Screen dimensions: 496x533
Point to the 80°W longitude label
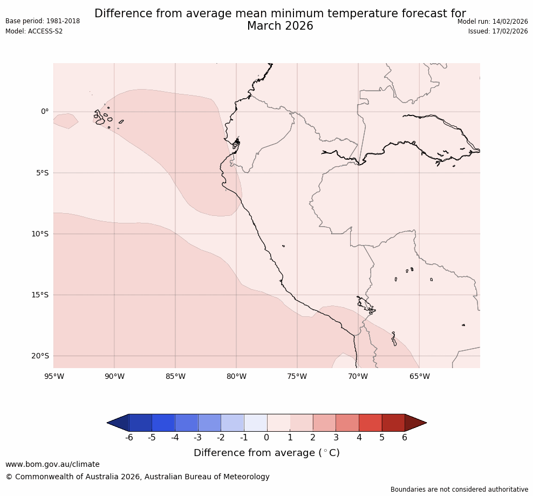point(236,376)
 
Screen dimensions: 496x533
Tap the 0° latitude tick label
point(45,112)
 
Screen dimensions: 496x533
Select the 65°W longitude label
point(419,376)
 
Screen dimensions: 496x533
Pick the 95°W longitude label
point(53,376)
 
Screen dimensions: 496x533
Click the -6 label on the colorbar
point(129,438)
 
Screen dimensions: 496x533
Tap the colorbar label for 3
point(336,438)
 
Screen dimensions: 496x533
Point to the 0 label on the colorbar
point(267,438)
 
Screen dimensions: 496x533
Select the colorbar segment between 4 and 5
point(370,423)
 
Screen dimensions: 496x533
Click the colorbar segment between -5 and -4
point(163,423)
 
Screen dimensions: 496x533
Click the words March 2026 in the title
point(280,26)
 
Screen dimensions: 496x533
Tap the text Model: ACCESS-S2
point(34,31)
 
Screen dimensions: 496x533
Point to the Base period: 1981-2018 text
point(43,21)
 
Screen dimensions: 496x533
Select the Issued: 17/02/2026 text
point(498,31)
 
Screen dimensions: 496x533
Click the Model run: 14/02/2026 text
point(493,22)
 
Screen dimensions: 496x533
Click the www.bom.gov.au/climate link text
point(52,464)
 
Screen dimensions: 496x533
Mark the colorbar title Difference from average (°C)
point(266,453)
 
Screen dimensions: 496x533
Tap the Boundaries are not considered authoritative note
point(459,490)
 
